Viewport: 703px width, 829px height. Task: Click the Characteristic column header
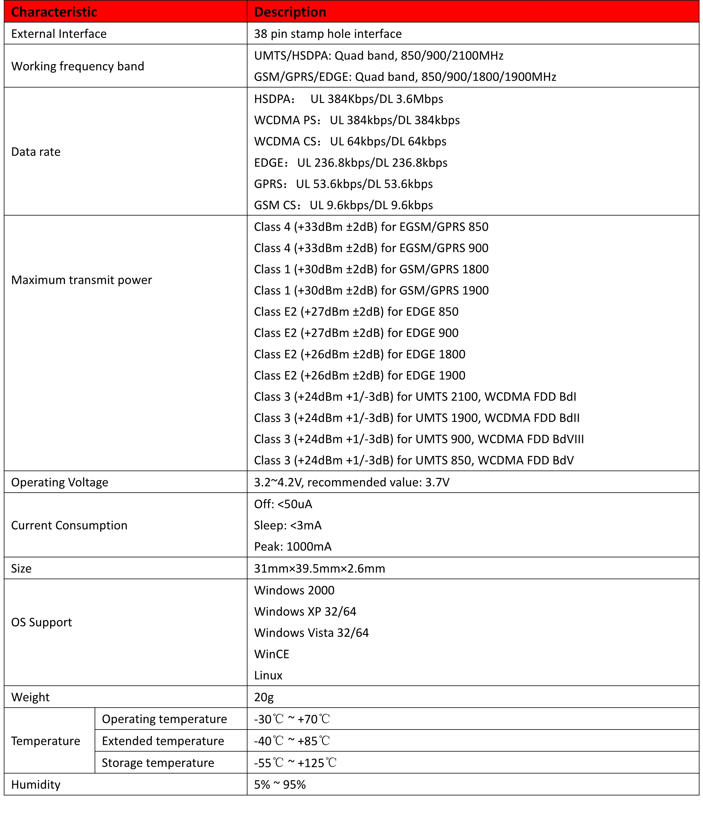(54, 12)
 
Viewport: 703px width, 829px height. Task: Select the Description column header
(290, 12)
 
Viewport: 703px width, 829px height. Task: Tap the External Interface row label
(59, 34)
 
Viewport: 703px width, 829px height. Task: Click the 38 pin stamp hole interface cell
(328, 34)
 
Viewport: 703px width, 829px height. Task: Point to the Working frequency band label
(78, 66)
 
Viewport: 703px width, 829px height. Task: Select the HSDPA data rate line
(348, 99)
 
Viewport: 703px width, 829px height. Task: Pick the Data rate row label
(36, 152)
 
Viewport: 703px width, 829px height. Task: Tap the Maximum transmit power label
(82, 280)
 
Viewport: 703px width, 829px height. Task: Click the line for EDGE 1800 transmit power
(360, 354)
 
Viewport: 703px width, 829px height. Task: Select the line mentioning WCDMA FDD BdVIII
(419, 439)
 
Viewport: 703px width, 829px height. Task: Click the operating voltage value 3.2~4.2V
(352, 482)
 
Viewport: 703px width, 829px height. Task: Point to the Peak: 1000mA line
(292, 546)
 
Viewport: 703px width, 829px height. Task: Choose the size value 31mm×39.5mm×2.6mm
(320, 568)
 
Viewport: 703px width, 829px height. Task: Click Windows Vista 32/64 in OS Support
(311, 632)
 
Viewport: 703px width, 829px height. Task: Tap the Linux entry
(268, 675)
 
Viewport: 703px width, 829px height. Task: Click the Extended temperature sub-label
(163, 740)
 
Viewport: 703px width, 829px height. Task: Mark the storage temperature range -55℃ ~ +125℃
(295, 762)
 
